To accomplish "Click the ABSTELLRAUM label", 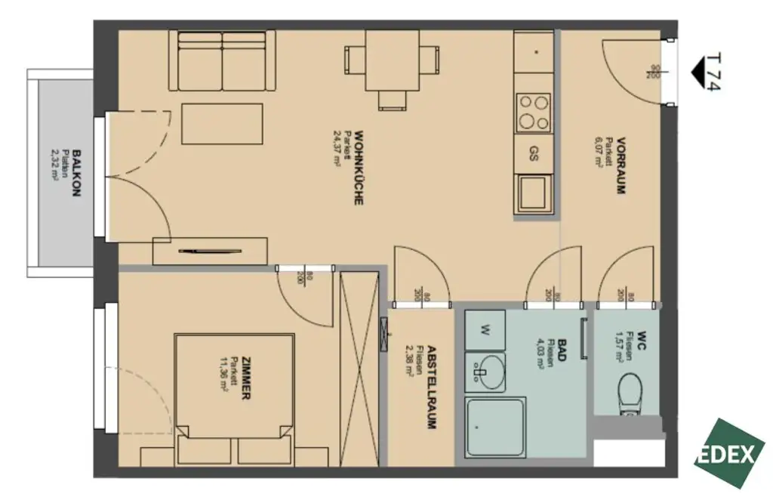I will pyautogui.click(x=431, y=387).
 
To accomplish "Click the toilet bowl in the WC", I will pyautogui.click(x=628, y=395).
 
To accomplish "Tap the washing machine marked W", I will pyautogui.click(x=485, y=329).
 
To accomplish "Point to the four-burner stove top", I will pyautogui.click(x=533, y=111).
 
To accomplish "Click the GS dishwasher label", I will pyautogui.click(x=533, y=156).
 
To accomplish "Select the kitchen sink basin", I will pyautogui.click(x=533, y=192).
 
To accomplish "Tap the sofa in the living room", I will pyautogui.click(x=221, y=61).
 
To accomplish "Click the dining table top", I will pyautogui.click(x=391, y=59).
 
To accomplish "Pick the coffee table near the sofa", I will pyautogui.click(x=223, y=124).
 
